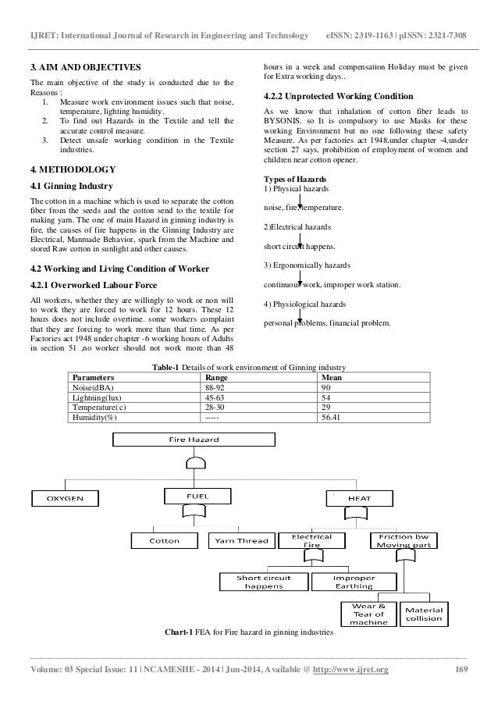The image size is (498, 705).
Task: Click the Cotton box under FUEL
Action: [x=163, y=540]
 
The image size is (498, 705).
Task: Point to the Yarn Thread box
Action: [x=240, y=540]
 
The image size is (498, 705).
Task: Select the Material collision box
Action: [x=424, y=614]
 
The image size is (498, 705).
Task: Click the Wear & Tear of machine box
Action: [x=367, y=614]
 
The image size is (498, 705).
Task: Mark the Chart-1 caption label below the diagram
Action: [x=183, y=631]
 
